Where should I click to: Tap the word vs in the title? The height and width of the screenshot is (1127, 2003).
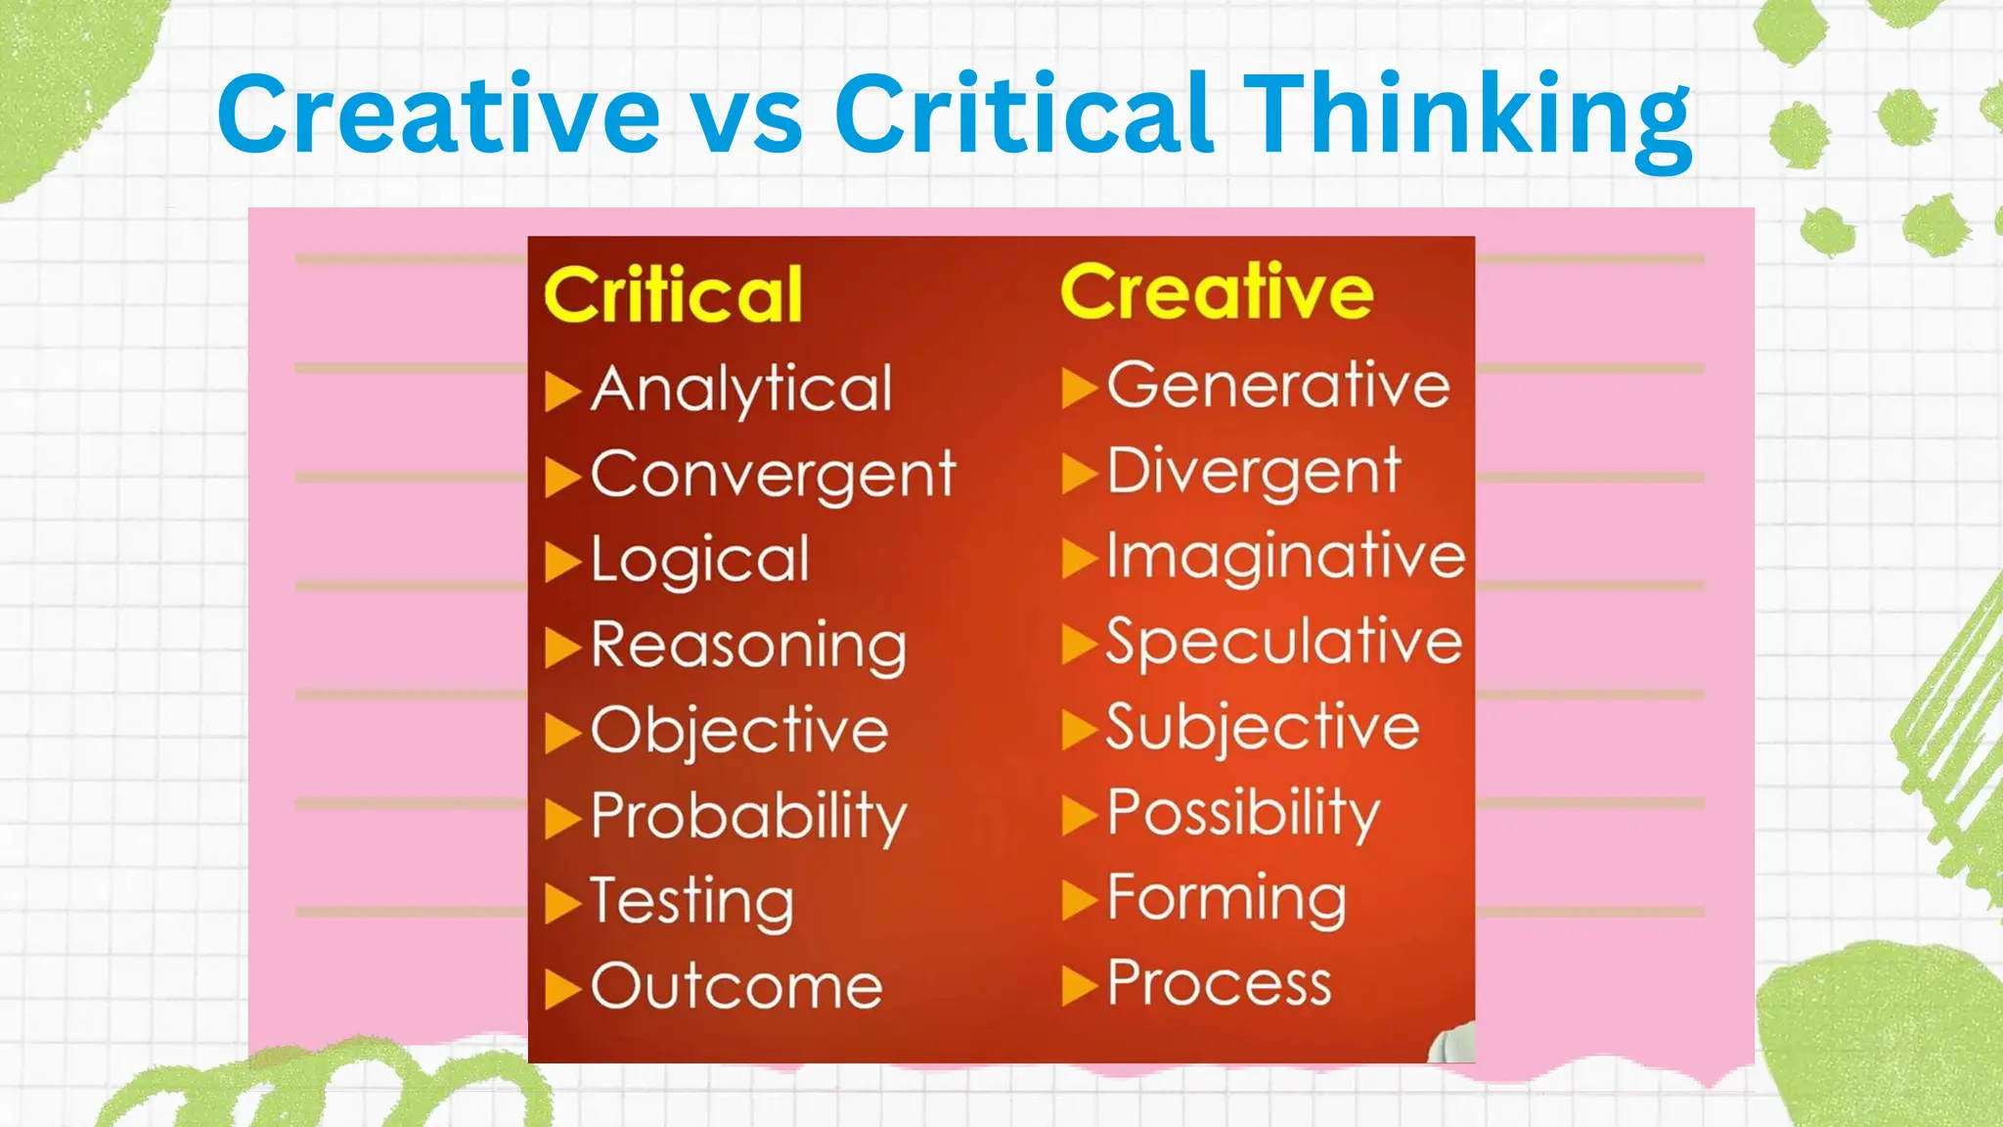click(748, 115)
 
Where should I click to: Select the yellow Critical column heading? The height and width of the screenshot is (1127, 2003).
click(673, 294)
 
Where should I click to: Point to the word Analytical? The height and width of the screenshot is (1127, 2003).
click(742, 389)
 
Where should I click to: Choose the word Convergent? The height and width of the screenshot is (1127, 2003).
click(773, 475)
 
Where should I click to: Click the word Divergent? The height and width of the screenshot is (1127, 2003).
click(1254, 473)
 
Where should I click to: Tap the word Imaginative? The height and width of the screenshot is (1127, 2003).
click(1285, 558)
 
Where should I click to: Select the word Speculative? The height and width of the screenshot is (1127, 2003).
click(1283, 643)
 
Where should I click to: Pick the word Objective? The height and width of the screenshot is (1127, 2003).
click(739, 731)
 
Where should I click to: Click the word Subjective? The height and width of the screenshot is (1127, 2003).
click(1262, 728)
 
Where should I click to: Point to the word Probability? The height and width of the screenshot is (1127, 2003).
click(748, 816)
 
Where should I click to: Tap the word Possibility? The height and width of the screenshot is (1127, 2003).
click(1243, 813)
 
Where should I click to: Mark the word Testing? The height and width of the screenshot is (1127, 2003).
click(691, 901)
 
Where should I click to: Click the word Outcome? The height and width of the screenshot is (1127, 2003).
click(736, 986)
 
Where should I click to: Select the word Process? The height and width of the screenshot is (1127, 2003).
click(1219, 983)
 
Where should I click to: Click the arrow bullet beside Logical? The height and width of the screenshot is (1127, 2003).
click(562, 562)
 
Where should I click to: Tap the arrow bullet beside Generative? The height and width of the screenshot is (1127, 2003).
click(1079, 387)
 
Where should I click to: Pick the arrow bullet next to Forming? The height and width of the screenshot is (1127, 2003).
click(1079, 901)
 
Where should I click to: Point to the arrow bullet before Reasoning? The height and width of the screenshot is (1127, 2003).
click(562, 648)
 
